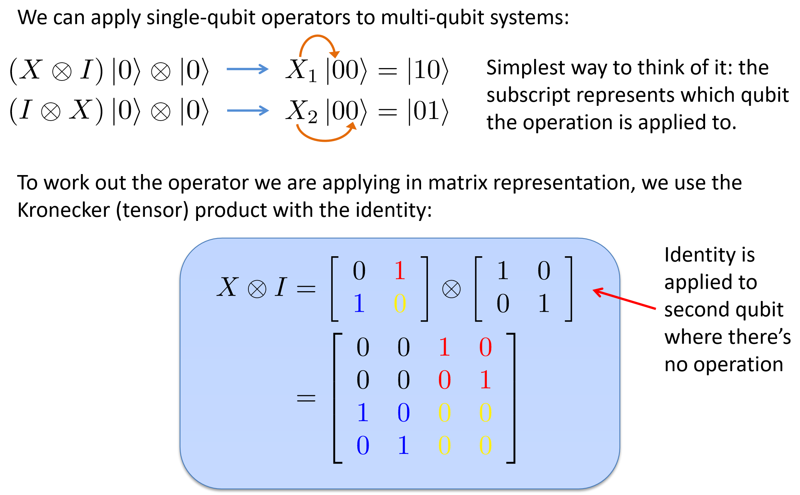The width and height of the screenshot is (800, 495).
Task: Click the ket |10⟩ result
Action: click(x=428, y=71)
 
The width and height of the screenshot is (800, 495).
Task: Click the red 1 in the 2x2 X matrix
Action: click(x=399, y=271)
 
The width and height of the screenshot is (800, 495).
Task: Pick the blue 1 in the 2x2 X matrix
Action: click(x=359, y=304)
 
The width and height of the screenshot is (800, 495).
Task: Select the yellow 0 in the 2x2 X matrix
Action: click(x=399, y=304)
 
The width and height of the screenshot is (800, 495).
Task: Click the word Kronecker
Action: click(x=63, y=210)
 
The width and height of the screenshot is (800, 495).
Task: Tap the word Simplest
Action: click(x=525, y=68)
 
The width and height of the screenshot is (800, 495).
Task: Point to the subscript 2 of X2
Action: click(x=312, y=118)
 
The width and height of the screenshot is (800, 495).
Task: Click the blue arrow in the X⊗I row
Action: click(x=247, y=69)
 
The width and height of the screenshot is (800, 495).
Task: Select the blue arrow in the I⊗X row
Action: click(x=247, y=110)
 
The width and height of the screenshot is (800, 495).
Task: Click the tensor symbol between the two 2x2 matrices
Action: click(x=451, y=289)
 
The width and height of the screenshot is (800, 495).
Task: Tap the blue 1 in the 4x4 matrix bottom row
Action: click(x=403, y=445)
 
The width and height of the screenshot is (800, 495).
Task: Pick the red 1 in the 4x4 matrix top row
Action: click(x=444, y=347)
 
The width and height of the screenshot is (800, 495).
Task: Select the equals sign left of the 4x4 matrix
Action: click(x=306, y=398)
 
